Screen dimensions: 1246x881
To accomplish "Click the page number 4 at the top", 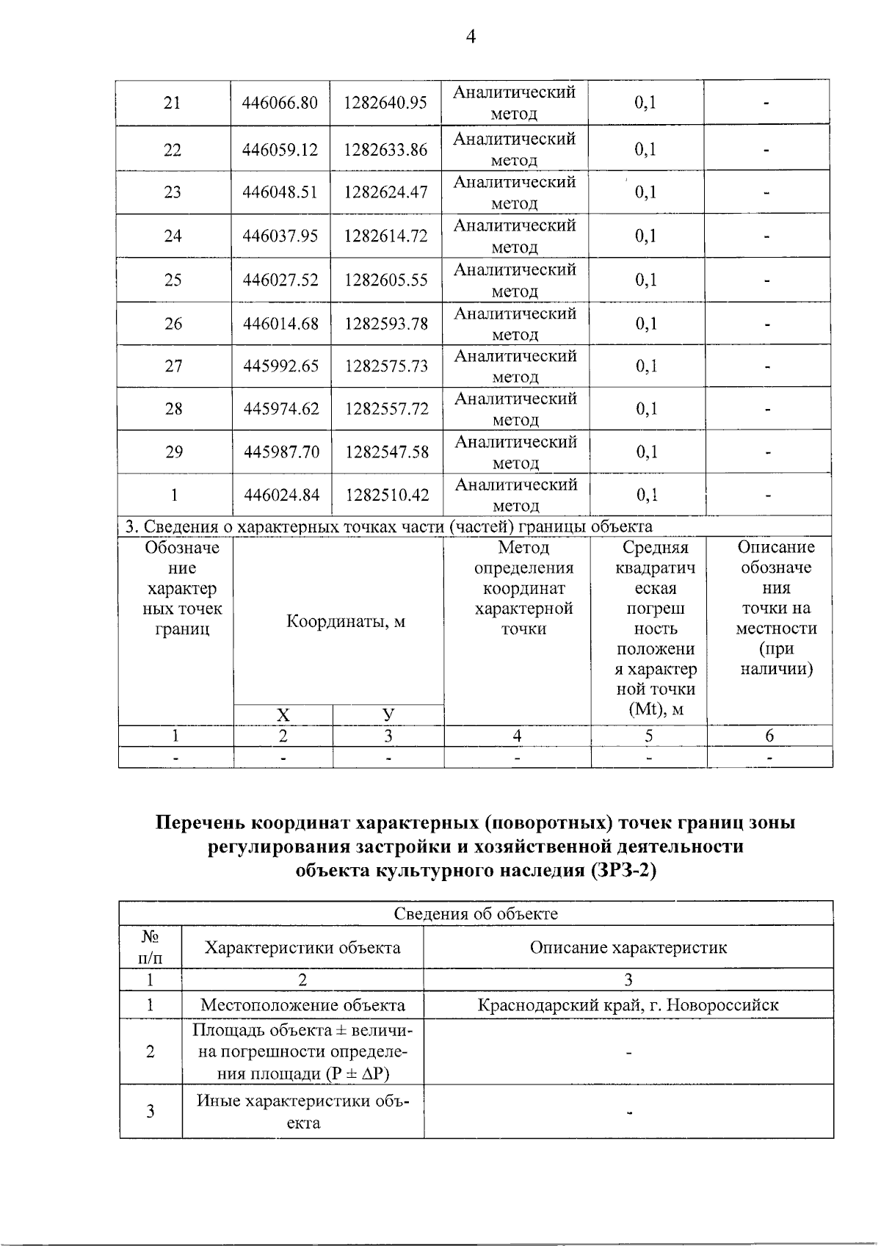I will pos(471,37).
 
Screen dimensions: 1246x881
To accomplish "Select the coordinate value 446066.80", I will pos(280,103).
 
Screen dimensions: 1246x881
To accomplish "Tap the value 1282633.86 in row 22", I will pos(385,150).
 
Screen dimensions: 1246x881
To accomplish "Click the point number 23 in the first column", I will pos(173,192).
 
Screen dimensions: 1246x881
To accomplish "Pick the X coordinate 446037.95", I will pos(280,236).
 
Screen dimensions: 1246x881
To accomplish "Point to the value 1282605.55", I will pos(386,280).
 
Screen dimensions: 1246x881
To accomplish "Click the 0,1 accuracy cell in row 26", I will pos(646,324).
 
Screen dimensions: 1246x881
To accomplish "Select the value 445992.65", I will pos(281,366).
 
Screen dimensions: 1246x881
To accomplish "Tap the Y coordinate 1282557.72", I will pos(387,409).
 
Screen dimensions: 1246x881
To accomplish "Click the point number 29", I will pos(174,452).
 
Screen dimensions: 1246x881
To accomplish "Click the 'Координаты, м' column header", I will pos(345,622).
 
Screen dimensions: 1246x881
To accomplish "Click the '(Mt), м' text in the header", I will pos(656,710).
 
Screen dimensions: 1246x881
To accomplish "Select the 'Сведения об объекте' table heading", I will pos(476,914).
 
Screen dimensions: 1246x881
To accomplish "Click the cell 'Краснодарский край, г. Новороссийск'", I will pos(628,1005).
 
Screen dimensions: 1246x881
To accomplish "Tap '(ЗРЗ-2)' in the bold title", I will pos(622,871).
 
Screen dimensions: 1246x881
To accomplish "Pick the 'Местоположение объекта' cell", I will pos(302,1005).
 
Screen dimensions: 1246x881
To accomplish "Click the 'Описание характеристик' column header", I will pos(628,948).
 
